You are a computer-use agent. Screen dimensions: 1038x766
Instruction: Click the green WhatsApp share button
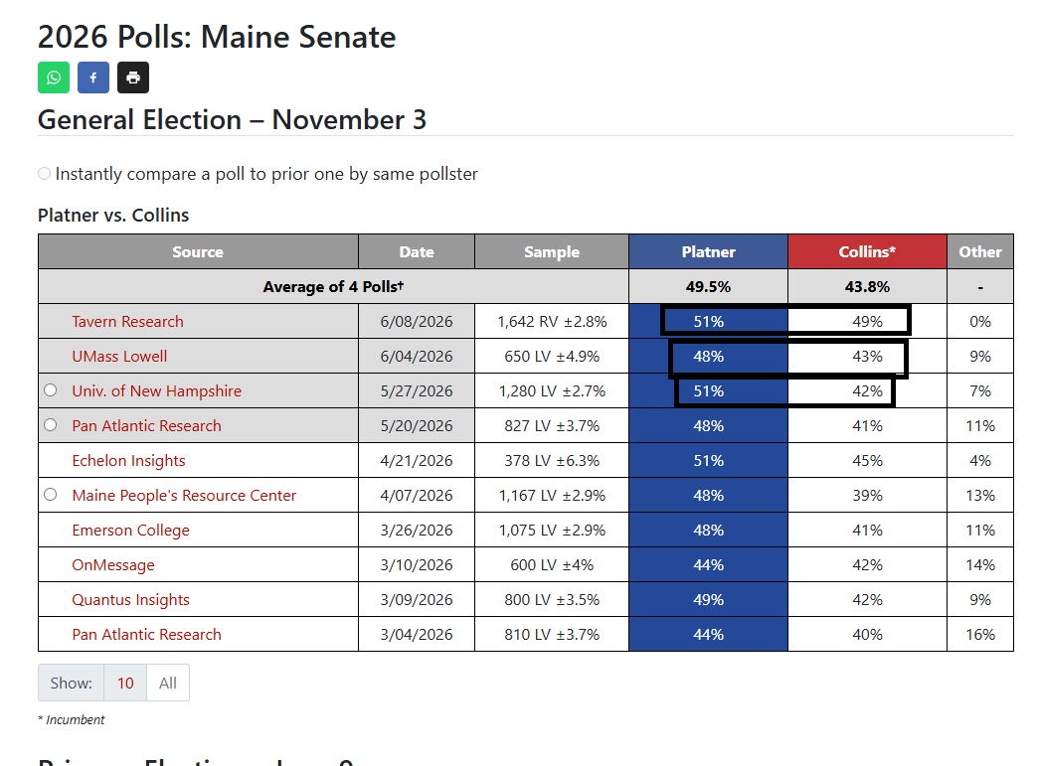pyautogui.click(x=54, y=77)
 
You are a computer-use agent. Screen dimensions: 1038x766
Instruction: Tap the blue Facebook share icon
pyautogui.click(x=93, y=77)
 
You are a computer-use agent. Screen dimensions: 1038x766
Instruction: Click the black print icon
pyautogui.click(x=133, y=77)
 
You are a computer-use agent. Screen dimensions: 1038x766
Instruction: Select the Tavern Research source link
pyautogui.click(x=128, y=322)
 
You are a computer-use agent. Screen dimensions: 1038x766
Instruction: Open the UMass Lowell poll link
pyautogui.click(x=120, y=357)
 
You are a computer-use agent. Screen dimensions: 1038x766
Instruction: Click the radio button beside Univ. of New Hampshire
pyautogui.click(x=51, y=390)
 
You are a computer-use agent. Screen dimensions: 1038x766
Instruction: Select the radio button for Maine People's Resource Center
pyautogui.click(x=51, y=494)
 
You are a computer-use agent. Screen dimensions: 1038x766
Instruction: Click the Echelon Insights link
pyautogui.click(x=128, y=461)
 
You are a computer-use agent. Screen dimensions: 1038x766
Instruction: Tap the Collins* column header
pyautogui.click(x=867, y=252)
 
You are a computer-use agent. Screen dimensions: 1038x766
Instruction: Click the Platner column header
pyautogui.click(x=708, y=252)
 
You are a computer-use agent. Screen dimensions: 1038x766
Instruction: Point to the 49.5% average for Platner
pyautogui.click(x=708, y=287)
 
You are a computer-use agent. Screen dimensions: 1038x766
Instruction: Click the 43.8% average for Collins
pyautogui.click(x=867, y=287)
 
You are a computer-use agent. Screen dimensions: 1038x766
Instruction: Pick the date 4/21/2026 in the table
pyautogui.click(x=417, y=461)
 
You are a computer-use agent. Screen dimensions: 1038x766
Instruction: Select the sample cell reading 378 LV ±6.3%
pyautogui.click(x=552, y=461)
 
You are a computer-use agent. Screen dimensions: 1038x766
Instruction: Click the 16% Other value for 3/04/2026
pyautogui.click(x=980, y=635)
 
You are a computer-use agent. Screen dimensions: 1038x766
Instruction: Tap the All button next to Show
pyautogui.click(x=168, y=683)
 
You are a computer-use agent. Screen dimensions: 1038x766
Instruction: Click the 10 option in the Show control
pyautogui.click(x=125, y=683)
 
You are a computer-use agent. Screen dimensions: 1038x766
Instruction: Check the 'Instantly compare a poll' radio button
pyautogui.click(x=45, y=173)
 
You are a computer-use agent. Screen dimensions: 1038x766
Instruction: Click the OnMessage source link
pyautogui.click(x=113, y=565)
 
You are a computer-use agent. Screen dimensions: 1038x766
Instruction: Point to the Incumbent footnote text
pyautogui.click(x=72, y=719)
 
